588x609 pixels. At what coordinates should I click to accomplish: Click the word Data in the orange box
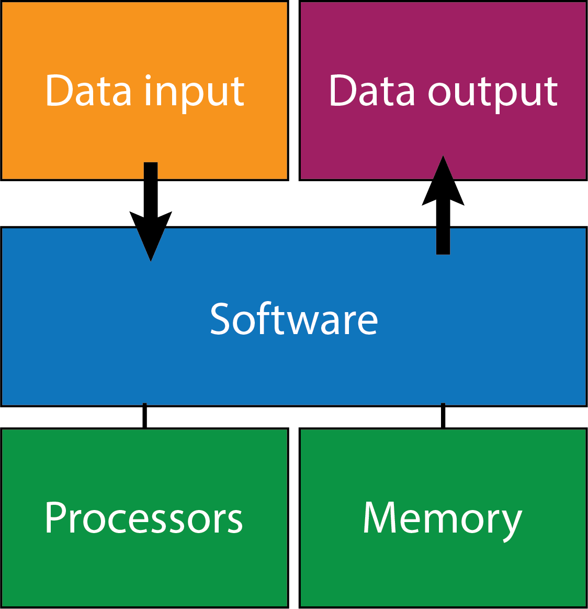pos(88,91)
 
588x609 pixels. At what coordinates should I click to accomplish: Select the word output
pos(493,93)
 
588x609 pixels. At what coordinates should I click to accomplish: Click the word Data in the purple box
pos(371,91)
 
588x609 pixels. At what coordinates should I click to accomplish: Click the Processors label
pos(144,518)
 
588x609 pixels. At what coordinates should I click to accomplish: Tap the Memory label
pos(443,519)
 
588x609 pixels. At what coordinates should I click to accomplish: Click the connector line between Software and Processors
pos(145,416)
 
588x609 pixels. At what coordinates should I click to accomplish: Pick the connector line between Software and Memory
pos(443,416)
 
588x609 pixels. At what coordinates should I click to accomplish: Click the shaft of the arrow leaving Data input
pos(151,189)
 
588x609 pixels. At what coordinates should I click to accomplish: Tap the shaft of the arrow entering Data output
pos(443,230)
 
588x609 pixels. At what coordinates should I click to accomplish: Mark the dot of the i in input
pos(149,77)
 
